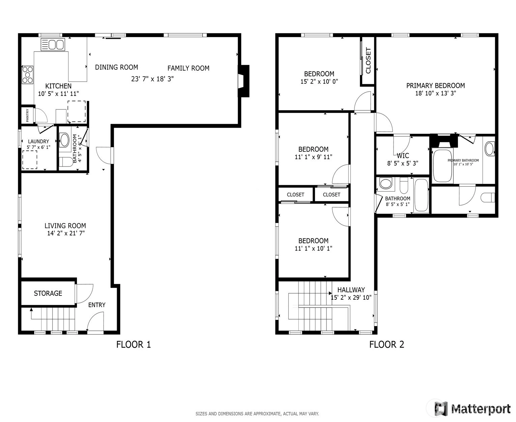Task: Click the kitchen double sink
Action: pos(53,44)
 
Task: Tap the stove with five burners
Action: pos(27,75)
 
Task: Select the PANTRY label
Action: pos(27,115)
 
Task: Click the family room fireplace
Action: pos(244,81)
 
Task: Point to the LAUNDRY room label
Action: pos(38,141)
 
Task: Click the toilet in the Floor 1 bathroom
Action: pos(66,162)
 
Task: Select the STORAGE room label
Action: pos(48,293)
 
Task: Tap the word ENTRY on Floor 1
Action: pos(97,305)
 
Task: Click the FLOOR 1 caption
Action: pos(134,345)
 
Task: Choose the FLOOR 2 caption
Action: pos(386,345)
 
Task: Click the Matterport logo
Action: pos(472,409)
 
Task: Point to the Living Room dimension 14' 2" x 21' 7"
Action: pos(66,233)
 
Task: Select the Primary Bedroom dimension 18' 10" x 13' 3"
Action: pos(435,93)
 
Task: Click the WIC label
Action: pos(403,155)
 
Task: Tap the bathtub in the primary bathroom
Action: pos(442,166)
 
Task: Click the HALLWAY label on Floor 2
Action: pos(351,290)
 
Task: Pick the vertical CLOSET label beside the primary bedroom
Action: pos(368,60)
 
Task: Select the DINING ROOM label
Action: pos(116,67)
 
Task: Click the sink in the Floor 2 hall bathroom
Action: pos(386,183)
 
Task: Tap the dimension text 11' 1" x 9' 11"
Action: pos(313,157)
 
